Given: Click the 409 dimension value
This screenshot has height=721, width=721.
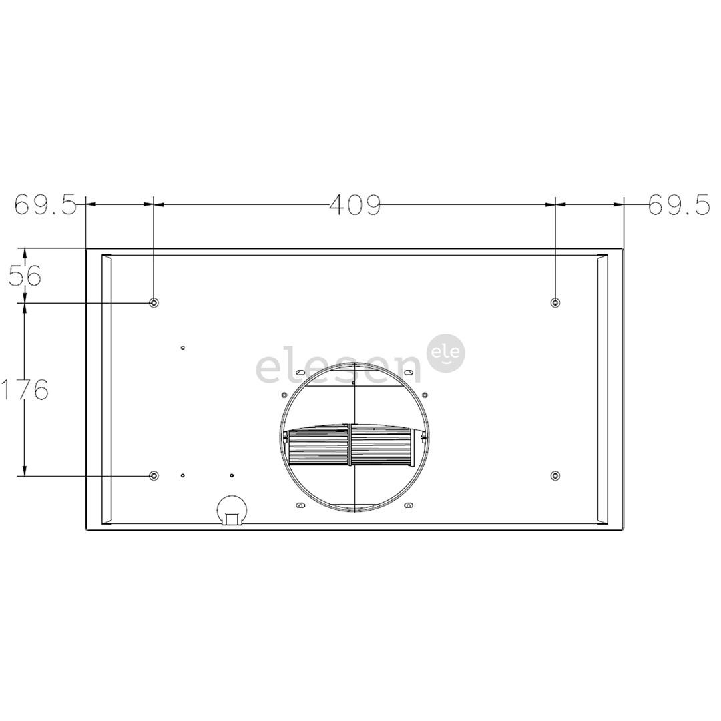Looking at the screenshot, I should (x=354, y=205).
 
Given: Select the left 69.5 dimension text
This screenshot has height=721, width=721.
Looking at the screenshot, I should (x=45, y=205).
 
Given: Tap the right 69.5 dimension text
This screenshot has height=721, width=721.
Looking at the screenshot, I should (x=678, y=205).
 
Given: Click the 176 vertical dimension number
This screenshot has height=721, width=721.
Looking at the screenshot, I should (x=25, y=389).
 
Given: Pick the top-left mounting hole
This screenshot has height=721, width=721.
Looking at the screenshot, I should (x=154, y=303).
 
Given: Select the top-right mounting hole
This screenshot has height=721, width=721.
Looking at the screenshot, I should (x=555, y=303).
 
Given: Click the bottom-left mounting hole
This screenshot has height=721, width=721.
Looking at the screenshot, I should (x=154, y=475).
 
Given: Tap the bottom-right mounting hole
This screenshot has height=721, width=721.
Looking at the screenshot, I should (x=555, y=475).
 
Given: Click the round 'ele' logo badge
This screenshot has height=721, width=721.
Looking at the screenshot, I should (x=445, y=353).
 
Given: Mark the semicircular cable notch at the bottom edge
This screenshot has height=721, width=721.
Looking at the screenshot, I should (x=232, y=511).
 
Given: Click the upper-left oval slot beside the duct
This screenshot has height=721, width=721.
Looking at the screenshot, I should (x=300, y=372).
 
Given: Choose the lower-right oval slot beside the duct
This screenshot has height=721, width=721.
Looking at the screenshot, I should (x=409, y=505).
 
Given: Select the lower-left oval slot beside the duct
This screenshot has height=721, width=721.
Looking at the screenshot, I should (x=300, y=505).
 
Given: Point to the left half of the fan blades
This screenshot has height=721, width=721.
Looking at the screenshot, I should (x=318, y=447).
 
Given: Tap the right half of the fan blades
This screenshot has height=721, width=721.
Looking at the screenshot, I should (x=382, y=447).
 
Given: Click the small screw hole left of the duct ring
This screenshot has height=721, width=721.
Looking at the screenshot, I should (x=284, y=395).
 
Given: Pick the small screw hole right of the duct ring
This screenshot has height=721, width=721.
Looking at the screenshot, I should (x=425, y=395).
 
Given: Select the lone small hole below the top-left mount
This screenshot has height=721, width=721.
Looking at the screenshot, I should (x=182, y=348).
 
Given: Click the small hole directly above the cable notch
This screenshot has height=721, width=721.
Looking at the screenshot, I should (x=232, y=475).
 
